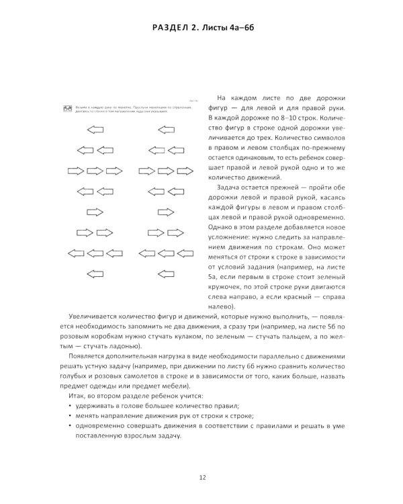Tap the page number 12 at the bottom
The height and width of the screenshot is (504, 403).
(201, 477)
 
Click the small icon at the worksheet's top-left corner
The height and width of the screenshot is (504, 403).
(68, 108)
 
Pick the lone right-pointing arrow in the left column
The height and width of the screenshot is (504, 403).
(97, 212)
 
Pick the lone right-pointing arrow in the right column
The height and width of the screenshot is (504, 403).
(165, 212)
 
